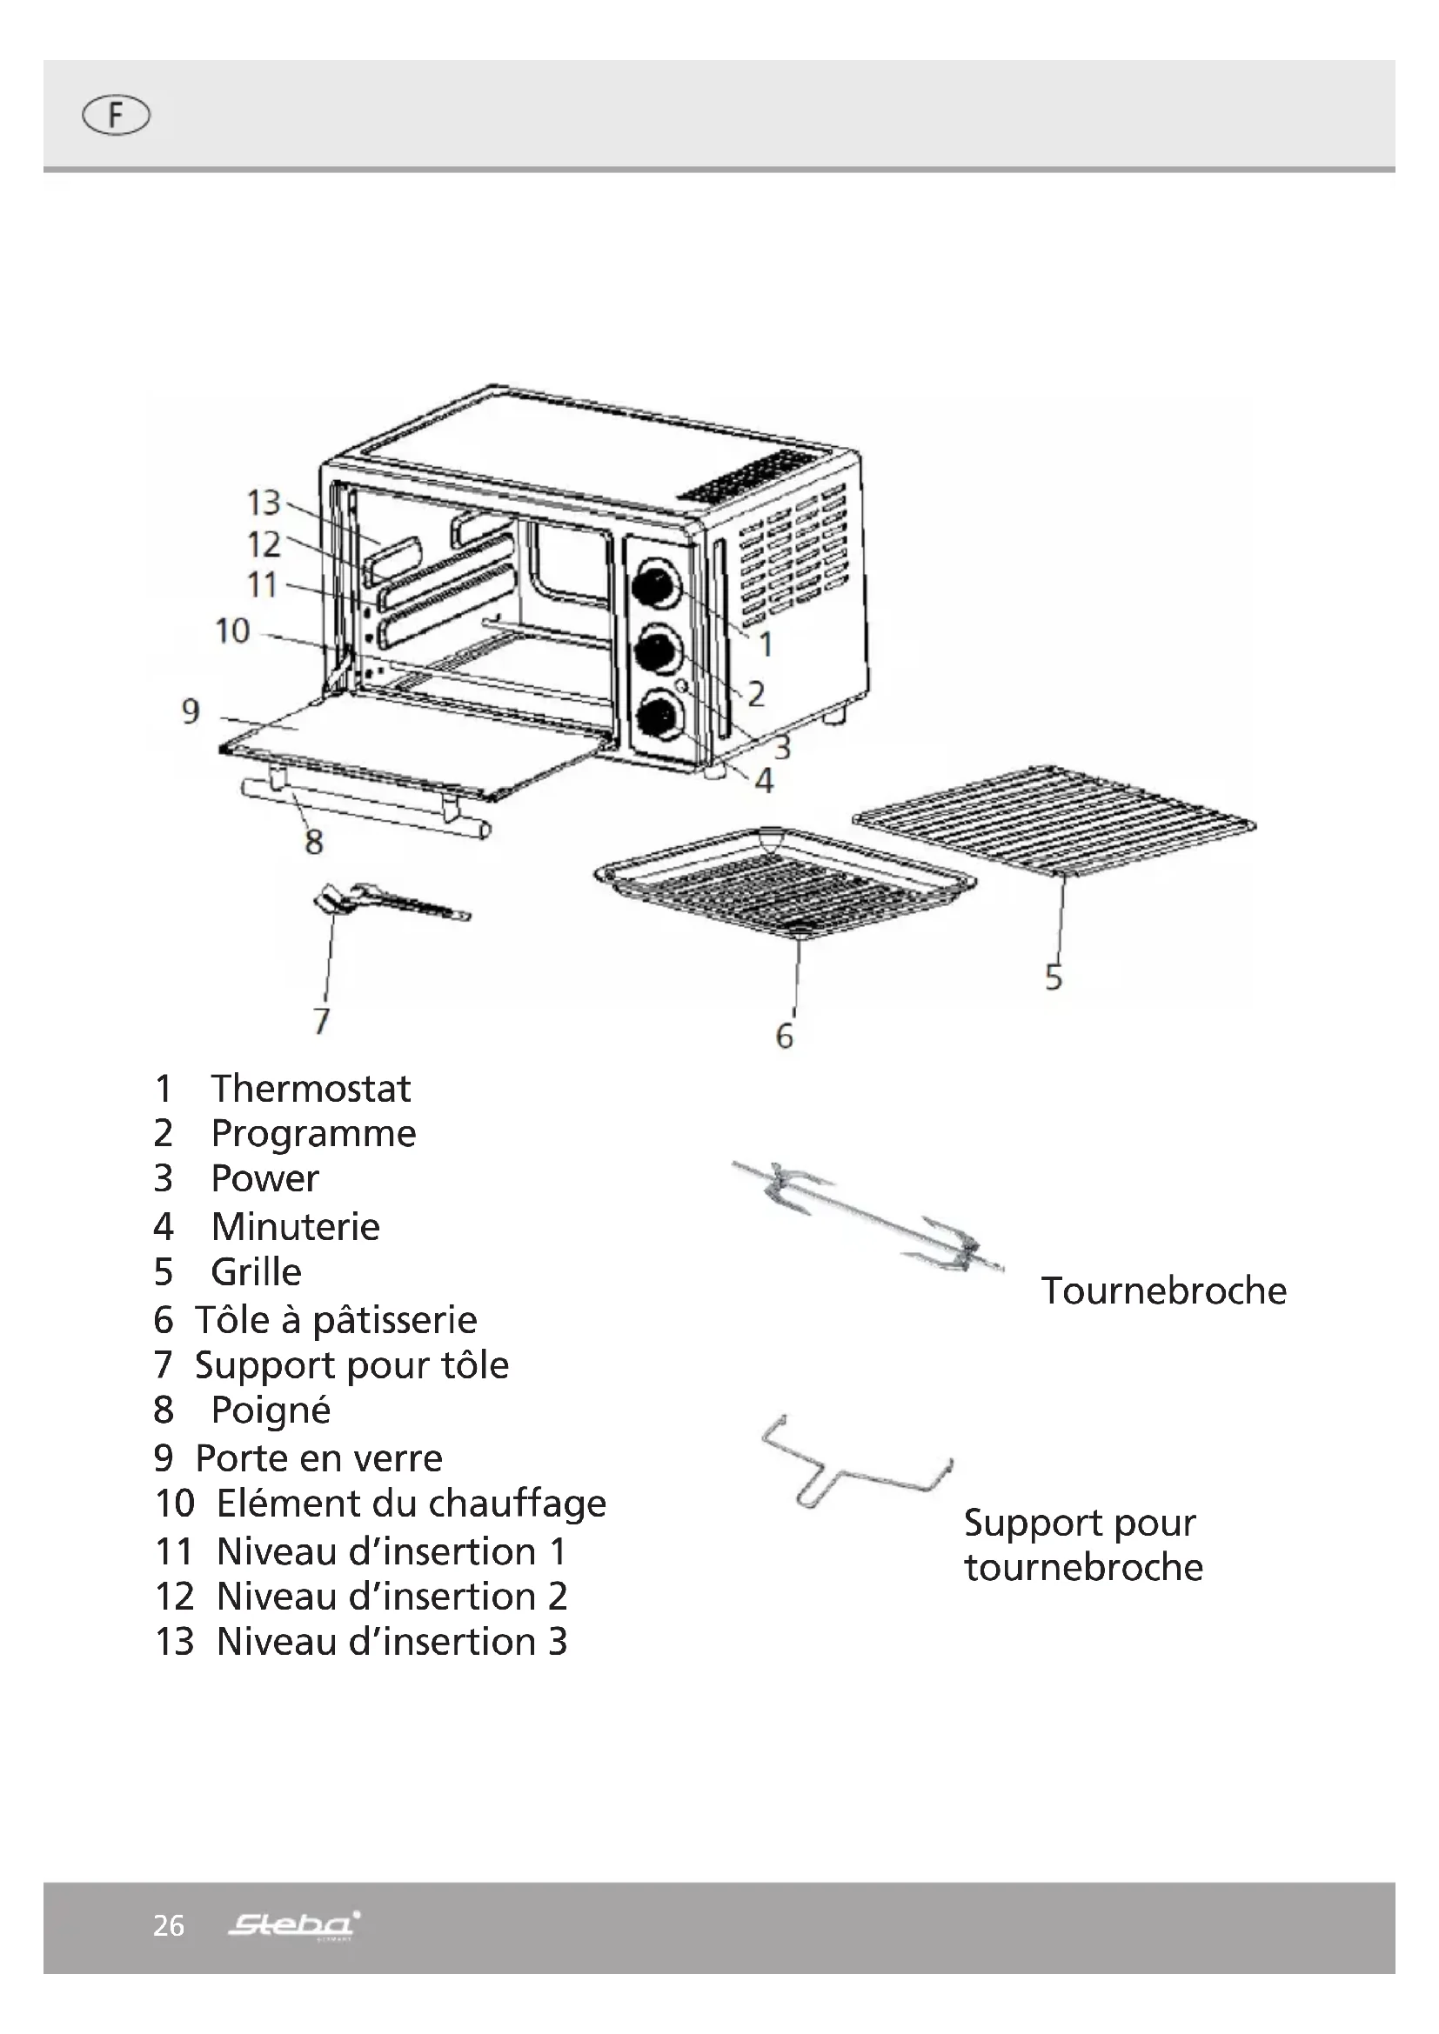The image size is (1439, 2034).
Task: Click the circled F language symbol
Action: (x=115, y=116)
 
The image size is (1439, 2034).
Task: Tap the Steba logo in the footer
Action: (x=293, y=1924)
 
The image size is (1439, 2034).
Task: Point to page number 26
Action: (x=169, y=1926)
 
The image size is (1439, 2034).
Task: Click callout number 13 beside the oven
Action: (x=263, y=503)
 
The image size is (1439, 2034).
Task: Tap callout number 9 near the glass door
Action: (x=191, y=710)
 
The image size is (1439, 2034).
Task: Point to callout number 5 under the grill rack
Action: (x=1053, y=977)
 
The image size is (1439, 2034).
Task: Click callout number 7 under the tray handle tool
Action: (x=321, y=1021)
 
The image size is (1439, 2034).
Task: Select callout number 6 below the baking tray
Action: (x=784, y=1036)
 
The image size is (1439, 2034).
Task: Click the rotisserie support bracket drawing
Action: (x=855, y=1464)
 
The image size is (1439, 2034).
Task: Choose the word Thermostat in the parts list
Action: (x=310, y=1089)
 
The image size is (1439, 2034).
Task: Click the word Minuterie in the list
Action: (x=295, y=1227)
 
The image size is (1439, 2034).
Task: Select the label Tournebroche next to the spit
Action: (x=1163, y=1290)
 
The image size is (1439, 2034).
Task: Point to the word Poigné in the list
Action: (x=271, y=1410)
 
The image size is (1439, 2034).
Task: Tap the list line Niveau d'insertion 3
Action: (x=361, y=1642)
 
